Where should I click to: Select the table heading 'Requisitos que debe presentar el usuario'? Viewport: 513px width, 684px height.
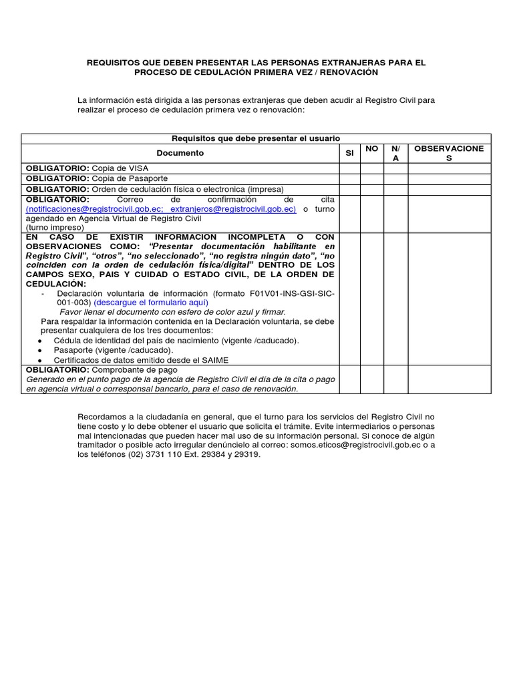point(256,138)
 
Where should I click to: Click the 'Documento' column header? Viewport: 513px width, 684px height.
point(180,153)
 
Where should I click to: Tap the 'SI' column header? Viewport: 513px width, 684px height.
point(349,153)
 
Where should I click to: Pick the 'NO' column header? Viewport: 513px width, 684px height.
point(372,148)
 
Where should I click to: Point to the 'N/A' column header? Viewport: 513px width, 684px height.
point(395,153)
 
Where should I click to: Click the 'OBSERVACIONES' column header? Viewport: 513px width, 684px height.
point(449,153)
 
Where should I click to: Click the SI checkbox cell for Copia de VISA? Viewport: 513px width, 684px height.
point(349,168)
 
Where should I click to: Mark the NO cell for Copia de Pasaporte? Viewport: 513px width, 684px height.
point(372,179)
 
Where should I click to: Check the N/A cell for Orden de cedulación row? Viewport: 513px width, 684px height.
point(395,189)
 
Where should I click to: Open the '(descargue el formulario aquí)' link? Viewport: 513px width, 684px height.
point(151,303)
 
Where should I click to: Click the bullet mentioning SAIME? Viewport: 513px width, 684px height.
point(141,360)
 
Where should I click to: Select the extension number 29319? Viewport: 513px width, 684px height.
point(246,455)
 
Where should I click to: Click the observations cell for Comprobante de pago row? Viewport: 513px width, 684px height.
point(449,379)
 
